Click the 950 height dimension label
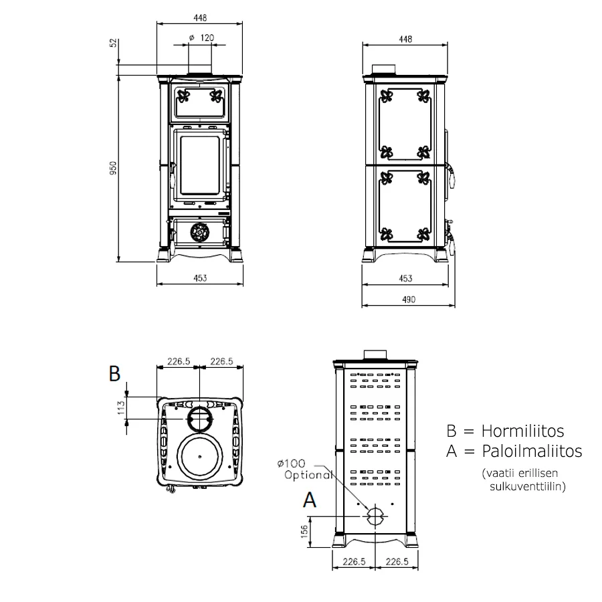tap(114, 168)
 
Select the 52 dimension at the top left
tap(114, 42)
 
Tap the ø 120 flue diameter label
tap(201, 39)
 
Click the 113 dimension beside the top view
tap(122, 408)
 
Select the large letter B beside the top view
tap(115, 374)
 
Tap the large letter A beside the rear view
tap(309, 500)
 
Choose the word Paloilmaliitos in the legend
tap(531, 451)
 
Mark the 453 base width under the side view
tap(405, 278)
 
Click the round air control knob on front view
tap(199, 232)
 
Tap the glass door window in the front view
tap(199, 164)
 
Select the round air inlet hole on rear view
tap(375, 516)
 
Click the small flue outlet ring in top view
tap(199, 419)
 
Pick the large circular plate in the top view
tap(199, 456)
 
